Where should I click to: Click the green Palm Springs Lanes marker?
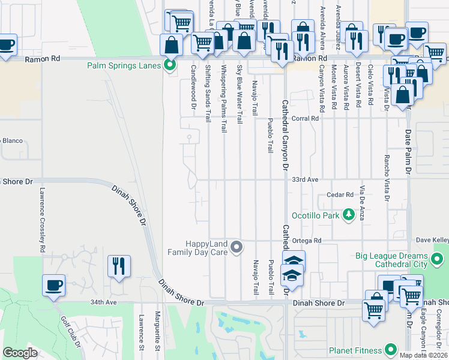[170, 65]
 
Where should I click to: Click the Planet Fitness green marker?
[391, 349]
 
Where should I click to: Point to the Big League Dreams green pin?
[438, 259]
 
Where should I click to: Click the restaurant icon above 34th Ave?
[118, 266]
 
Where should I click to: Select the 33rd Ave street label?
[305, 179]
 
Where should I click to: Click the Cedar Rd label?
[339, 194]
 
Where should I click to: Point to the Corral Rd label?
[306, 119]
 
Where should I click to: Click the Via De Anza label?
[363, 203]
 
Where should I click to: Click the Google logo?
[20, 353]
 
